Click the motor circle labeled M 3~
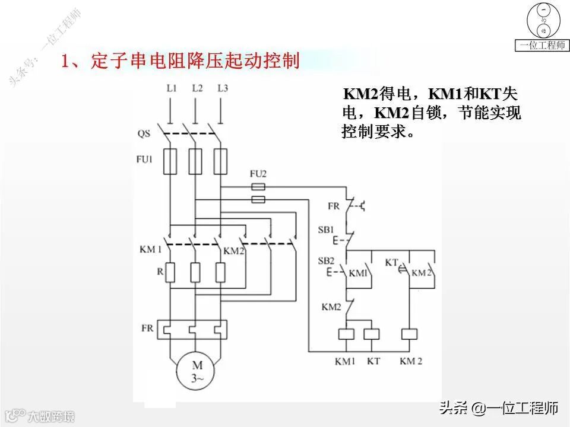pos(195,373)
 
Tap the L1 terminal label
pos(172,88)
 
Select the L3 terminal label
pos(223,88)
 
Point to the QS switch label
pos(144,134)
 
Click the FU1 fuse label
pos(145,159)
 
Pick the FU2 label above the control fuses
pos(258,174)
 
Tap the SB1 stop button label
pos(326,229)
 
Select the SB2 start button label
pos(326,261)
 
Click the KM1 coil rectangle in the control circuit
pos(347,333)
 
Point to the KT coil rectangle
pos(372,333)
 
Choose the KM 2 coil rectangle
pos(410,333)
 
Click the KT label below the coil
pos(373,361)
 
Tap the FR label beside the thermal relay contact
pos(334,206)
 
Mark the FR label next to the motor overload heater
pos(148,328)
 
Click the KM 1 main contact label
pos(151,250)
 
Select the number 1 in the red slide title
pos(67,61)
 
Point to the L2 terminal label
pos(197,88)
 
